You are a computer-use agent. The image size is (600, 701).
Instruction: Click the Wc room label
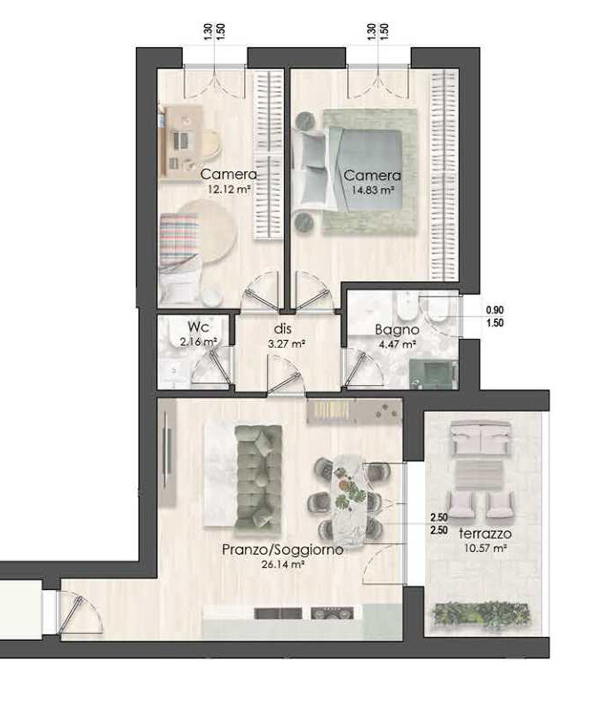[x=198, y=327]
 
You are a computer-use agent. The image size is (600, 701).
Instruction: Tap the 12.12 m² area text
[x=229, y=189]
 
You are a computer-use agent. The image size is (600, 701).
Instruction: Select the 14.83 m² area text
[x=372, y=190]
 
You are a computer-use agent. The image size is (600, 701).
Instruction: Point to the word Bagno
[x=397, y=330]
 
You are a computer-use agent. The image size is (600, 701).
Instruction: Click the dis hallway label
[x=283, y=329]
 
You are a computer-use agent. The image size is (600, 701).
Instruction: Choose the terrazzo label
[x=485, y=533]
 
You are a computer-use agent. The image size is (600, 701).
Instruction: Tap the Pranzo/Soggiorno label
[x=283, y=550]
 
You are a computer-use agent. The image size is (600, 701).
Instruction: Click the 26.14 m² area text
[x=282, y=565]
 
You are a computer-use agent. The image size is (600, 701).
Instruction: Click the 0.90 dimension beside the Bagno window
[x=495, y=310]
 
